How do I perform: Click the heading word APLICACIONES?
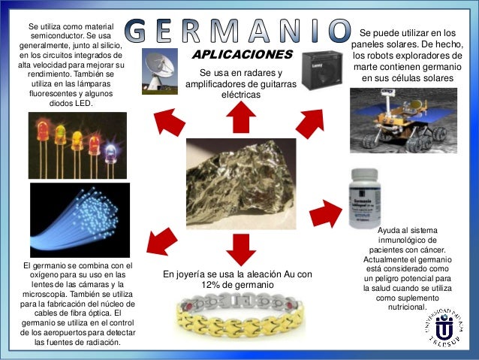point(241,55)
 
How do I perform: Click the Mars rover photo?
point(402,119)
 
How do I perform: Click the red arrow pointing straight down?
point(240,248)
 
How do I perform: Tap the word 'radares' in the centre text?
point(265,72)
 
